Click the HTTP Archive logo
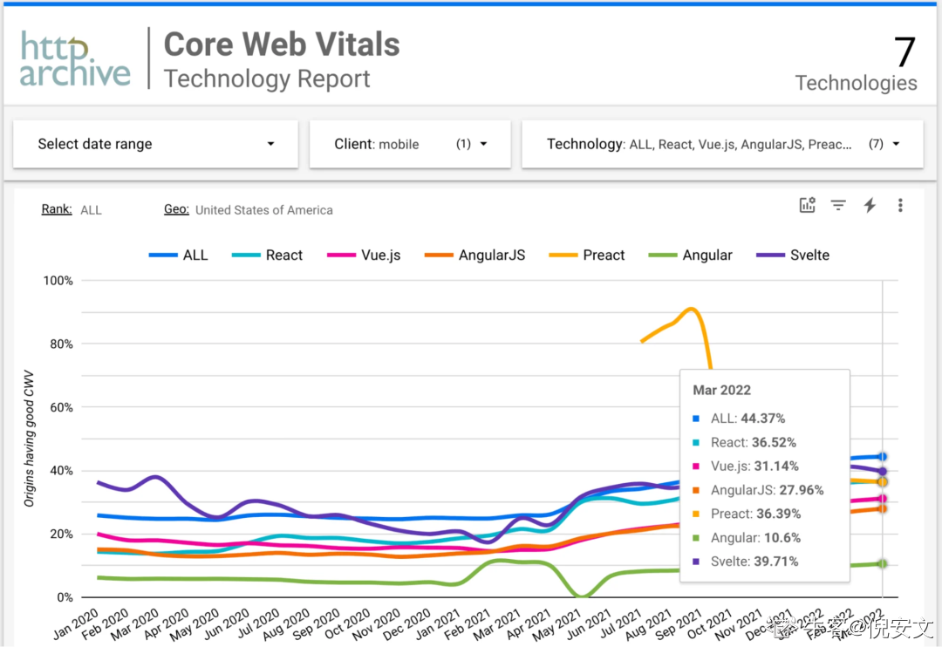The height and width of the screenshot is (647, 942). [76, 59]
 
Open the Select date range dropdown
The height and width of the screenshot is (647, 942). [155, 144]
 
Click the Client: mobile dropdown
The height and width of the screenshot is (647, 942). [410, 144]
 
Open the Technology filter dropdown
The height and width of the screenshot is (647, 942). [722, 144]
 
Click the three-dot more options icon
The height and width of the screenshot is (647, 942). [900, 206]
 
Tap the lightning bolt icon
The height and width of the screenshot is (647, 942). [870, 206]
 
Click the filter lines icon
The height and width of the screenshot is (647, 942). [838, 206]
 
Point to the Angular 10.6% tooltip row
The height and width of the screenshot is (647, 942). [755, 538]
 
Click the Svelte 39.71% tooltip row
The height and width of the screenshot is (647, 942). [754, 562]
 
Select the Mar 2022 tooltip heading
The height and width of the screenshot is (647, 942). [722, 391]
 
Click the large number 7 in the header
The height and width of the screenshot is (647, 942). [904, 52]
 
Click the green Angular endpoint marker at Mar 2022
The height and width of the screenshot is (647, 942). [883, 564]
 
